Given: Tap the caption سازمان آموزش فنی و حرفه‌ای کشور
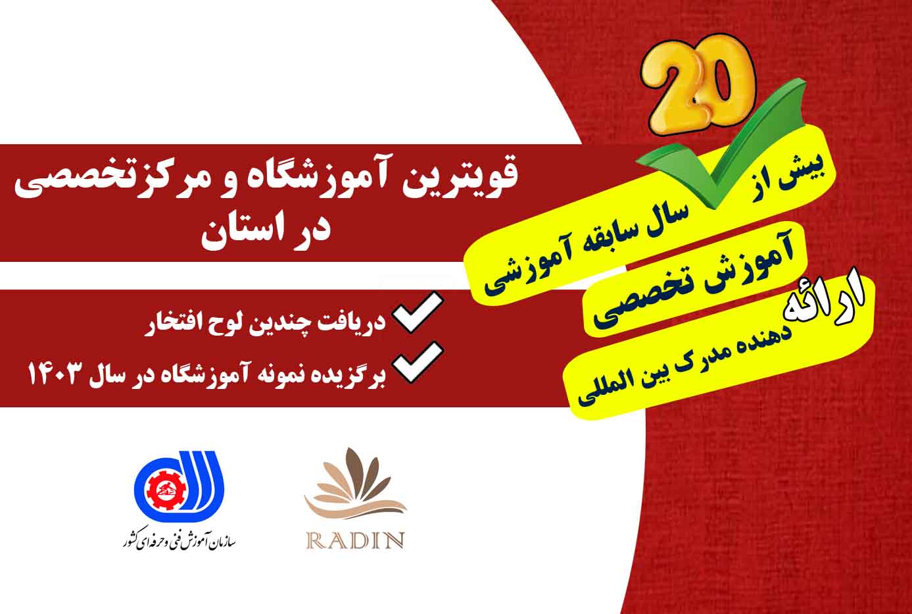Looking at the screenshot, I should (179, 542).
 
